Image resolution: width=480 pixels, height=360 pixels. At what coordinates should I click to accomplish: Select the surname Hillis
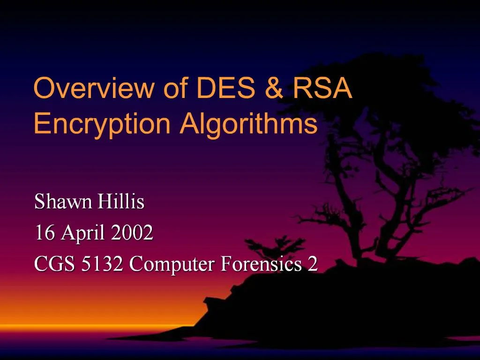point(120,202)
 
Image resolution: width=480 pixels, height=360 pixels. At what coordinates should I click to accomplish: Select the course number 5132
point(102,264)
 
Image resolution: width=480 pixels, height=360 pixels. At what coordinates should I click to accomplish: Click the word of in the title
point(176,88)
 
